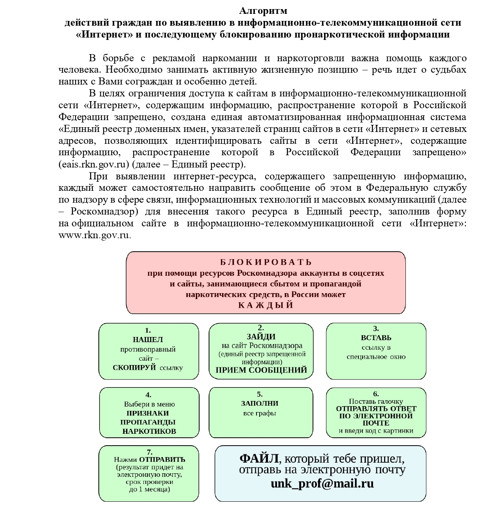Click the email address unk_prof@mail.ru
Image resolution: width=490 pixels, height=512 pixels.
click(322, 484)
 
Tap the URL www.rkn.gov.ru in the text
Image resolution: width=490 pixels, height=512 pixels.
click(94, 235)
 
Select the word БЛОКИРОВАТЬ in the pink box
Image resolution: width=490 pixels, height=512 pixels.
click(266, 262)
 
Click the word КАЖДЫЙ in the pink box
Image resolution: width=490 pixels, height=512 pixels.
click(266, 305)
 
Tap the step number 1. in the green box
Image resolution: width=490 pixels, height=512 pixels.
click(148, 331)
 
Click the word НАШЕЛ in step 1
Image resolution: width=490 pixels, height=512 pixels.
click(148, 339)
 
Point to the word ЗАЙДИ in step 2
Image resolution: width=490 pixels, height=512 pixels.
click(261, 337)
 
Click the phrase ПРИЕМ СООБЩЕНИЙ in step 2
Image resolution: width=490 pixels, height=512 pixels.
click(261, 370)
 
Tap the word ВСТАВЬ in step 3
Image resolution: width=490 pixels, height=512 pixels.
click(376, 338)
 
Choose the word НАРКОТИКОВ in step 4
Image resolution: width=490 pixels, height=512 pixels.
click(149, 431)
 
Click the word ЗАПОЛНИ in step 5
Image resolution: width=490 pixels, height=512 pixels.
click(260, 403)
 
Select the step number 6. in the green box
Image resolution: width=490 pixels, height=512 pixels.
click(376, 394)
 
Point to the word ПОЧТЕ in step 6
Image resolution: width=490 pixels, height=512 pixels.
click(376, 423)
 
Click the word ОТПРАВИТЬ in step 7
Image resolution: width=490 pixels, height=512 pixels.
click(162, 459)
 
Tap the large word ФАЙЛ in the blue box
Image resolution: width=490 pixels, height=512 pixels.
click(259, 459)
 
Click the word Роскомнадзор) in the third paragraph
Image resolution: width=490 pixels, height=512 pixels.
click(105, 212)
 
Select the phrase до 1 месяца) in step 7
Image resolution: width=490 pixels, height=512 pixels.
click(149, 489)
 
